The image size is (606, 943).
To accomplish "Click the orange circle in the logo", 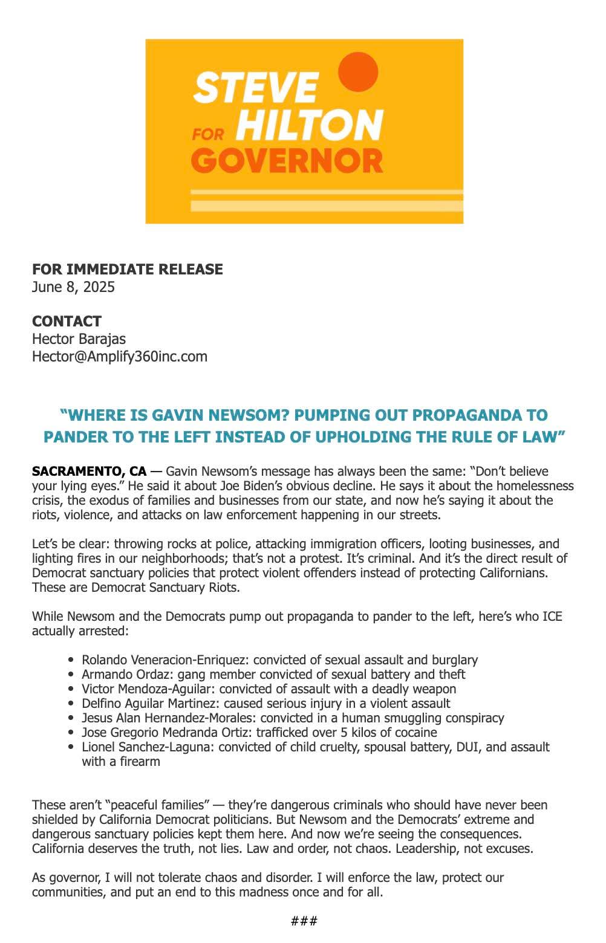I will pyautogui.click(x=358, y=72).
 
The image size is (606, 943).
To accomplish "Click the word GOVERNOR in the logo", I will pyautogui.click(x=287, y=161).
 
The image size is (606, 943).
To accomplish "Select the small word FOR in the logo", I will pyautogui.click(x=208, y=134).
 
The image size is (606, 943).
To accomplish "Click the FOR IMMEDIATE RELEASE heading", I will pyautogui.click(x=127, y=269).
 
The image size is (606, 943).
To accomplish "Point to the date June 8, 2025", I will pyautogui.click(x=73, y=287).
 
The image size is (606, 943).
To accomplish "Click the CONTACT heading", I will pyautogui.click(x=67, y=321).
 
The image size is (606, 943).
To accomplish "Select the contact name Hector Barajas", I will pyautogui.click(x=79, y=339).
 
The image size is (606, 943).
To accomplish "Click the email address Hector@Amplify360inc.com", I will pyautogui.click(x=119, y=356).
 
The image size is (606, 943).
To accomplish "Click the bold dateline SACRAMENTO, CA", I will pyautogui.click(x=89, y=471).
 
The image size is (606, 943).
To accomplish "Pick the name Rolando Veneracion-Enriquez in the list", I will pyautogui.click(x=164, y=659).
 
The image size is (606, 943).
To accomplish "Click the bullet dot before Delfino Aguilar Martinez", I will pyautogui.click(x=72, y=704).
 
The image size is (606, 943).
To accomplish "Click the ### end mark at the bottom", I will pyautogui.click(x=304, y=921).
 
